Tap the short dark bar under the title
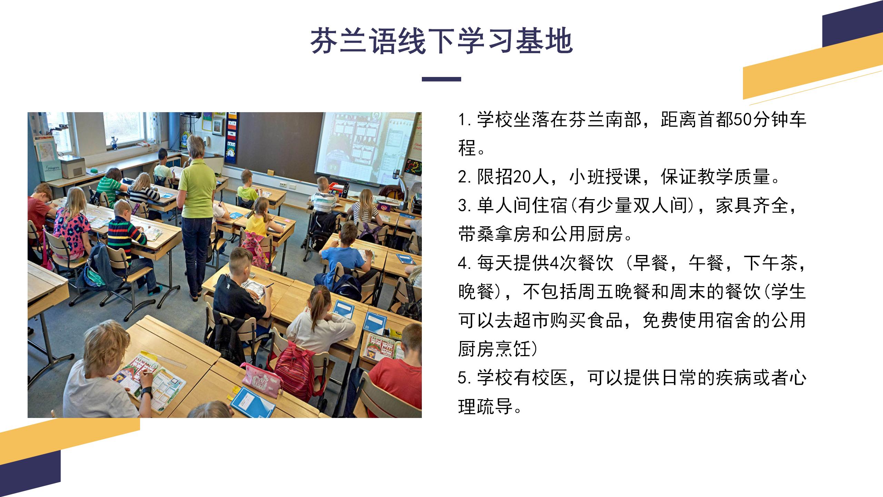pyautogui.click(x=441, y=79)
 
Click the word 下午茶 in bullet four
pyautogui.click(x=769, y=263)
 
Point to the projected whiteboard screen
pyautogui.click(x=366, y=148)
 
